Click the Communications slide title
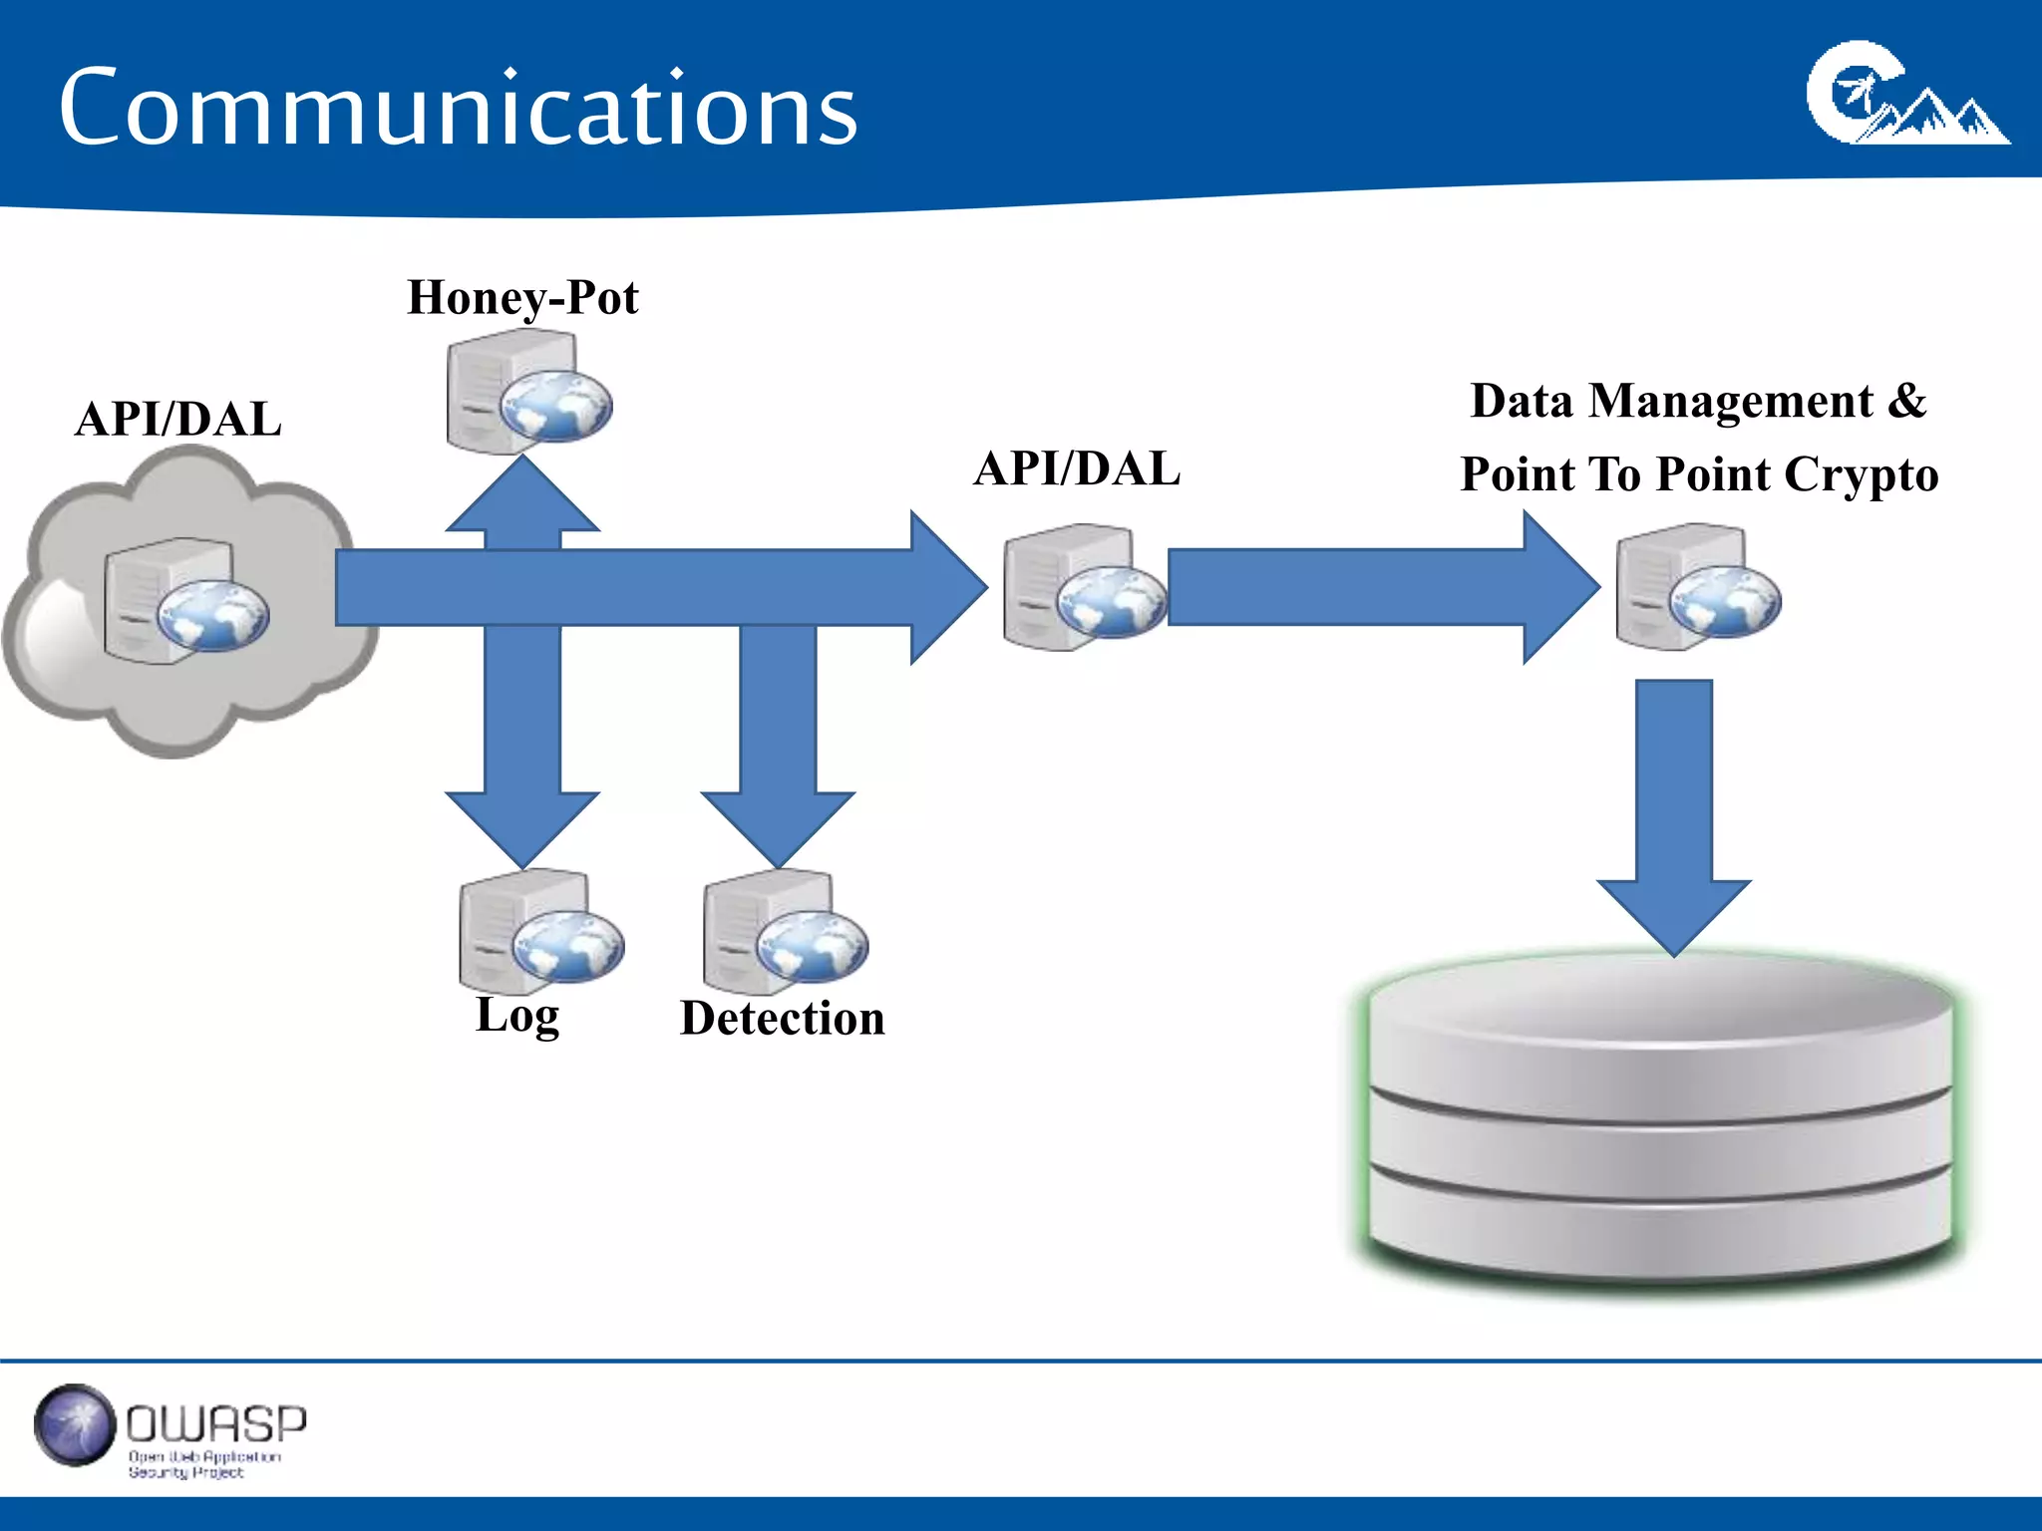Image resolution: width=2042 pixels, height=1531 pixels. (458, 108)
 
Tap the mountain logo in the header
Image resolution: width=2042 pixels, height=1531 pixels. (1906, 96)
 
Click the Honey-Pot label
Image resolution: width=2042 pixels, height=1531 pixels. (522, 297)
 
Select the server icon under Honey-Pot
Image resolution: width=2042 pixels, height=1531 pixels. (528, 393)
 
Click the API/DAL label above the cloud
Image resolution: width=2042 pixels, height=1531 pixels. (178, 419)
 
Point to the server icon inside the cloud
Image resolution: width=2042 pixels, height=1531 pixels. (185, 601)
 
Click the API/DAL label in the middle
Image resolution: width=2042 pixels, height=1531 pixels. (1077, 468)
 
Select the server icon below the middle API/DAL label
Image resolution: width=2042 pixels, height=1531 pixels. (1085, 588)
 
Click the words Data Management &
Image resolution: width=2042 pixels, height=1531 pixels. (1698, 401)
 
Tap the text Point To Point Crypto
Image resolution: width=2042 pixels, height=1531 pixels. (1699, 474)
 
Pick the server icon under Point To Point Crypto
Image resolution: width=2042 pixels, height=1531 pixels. (1697, 588)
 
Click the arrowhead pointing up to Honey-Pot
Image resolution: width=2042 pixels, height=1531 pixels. (522, 495)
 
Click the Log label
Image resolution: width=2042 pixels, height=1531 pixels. (517, 1016)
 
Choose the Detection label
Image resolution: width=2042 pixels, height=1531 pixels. (783, 1019)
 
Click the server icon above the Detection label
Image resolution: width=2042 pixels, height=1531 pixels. (785, 932)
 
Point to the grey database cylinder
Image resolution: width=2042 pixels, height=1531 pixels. (1660, 1126)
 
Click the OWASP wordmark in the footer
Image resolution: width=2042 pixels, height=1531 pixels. (215, 1424)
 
